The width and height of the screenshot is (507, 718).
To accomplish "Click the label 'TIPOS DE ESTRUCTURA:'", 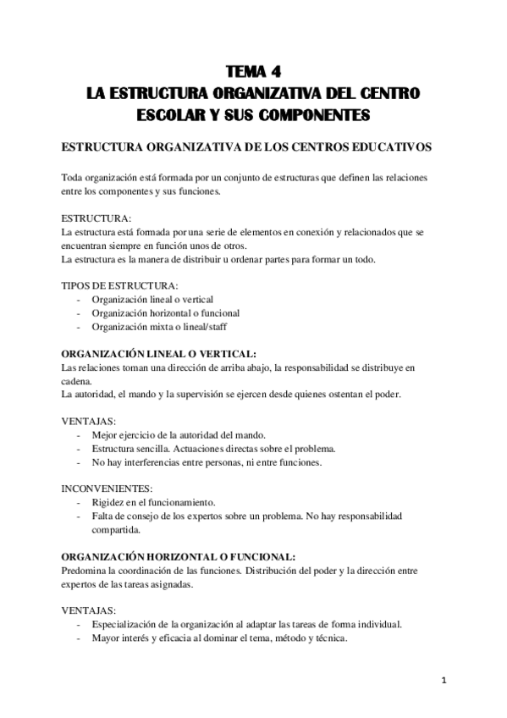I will click(119, 285).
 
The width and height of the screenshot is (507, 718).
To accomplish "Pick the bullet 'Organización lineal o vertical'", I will click(152, 299).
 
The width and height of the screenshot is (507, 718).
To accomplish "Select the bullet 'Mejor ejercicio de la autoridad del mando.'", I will click(180, 434).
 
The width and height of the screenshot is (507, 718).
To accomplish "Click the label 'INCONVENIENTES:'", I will click(107, 489).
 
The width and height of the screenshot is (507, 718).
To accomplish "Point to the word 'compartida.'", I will click(116, 530).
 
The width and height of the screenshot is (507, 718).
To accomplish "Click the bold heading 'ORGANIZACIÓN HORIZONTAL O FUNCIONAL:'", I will click(179, 557).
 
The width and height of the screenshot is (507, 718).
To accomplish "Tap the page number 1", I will click(444, 680).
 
